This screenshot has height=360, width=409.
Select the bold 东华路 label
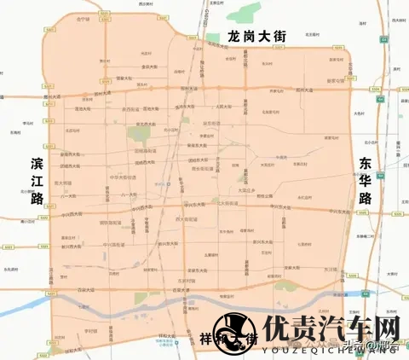coord(366,181)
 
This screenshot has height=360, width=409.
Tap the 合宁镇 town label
coord(83,17)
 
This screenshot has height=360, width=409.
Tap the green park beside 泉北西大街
coord(139,134)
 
